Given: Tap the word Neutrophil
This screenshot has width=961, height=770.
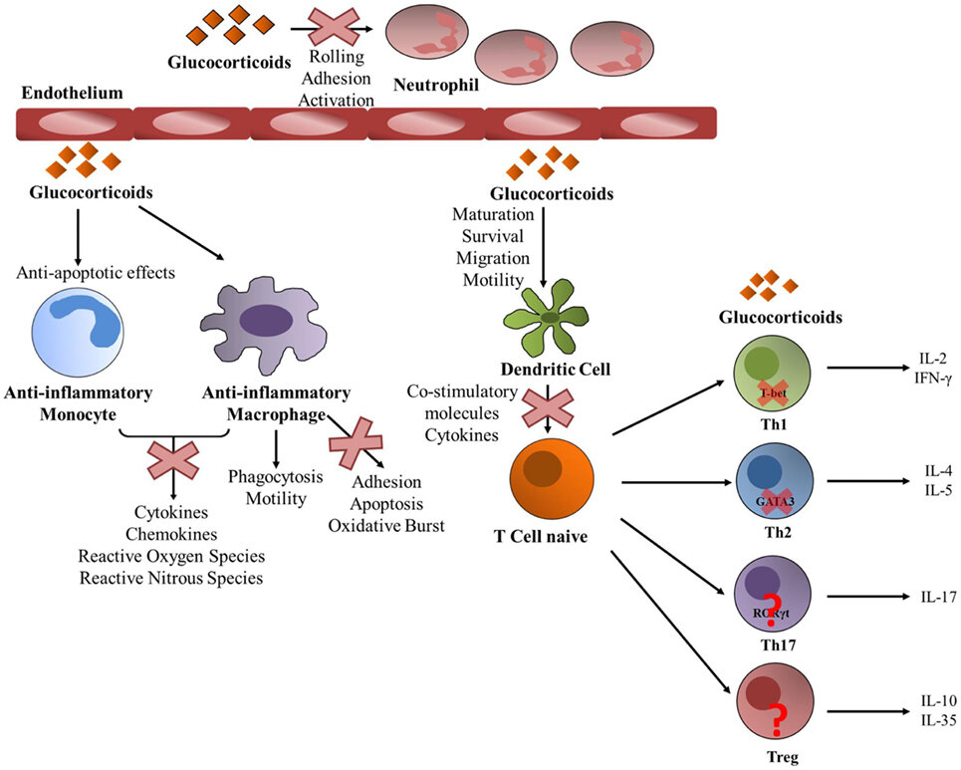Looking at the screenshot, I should point(436,86).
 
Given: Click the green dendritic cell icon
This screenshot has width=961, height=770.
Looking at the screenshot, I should point(549,317).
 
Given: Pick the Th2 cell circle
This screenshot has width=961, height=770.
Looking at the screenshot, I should point(767,483).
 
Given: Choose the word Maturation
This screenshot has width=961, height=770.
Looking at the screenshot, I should point(492,214).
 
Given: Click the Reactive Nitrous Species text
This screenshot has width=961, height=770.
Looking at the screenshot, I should point(172,577).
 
